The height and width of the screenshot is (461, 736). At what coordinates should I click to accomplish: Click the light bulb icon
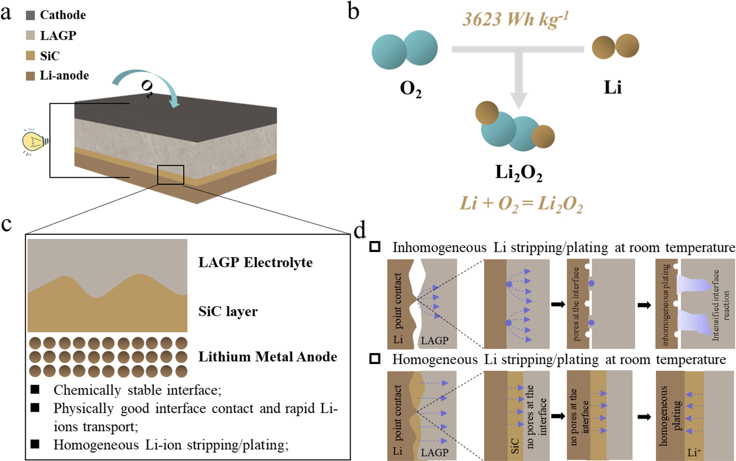pyautogui.click(x=34, y=142)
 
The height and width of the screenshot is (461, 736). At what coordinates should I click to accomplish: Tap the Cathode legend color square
pyautogui.click(x=30, y=15)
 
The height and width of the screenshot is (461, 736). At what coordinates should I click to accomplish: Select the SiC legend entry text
pyautogui.click(x=50, y=56)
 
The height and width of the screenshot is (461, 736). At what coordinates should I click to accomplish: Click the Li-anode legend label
pyautogui.click(x=64, y=76)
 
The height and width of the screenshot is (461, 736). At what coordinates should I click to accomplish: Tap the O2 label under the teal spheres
pyautogui.click(x=410, y=88)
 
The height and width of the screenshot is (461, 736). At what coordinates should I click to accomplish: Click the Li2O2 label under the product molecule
pyautogui.click(x=518, y=173)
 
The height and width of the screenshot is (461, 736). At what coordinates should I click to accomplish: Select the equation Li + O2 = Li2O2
pyautogui.click(x=521, y=203)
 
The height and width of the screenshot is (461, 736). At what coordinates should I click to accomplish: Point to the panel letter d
pyautogui.click(x=360, y=231)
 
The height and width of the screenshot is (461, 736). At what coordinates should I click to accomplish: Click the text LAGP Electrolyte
pyautogui.click(x=255, y=263)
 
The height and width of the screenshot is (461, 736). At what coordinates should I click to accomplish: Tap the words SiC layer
pyautogui.click(x=228, y=312)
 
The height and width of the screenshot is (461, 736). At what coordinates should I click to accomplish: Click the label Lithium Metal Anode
pyautogui.click(x=267, y=357)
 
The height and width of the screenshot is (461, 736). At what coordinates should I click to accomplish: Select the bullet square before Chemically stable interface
pyautogui.click(x=35, y=389)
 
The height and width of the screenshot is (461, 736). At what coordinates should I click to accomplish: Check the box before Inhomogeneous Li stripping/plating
pyautogui.click(x=375, y=247)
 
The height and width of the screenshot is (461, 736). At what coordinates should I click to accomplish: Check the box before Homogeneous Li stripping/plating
pyautogui.click(x=375, y=359)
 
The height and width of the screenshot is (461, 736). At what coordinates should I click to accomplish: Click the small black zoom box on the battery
pyautogui.click(x=171, y=175)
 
